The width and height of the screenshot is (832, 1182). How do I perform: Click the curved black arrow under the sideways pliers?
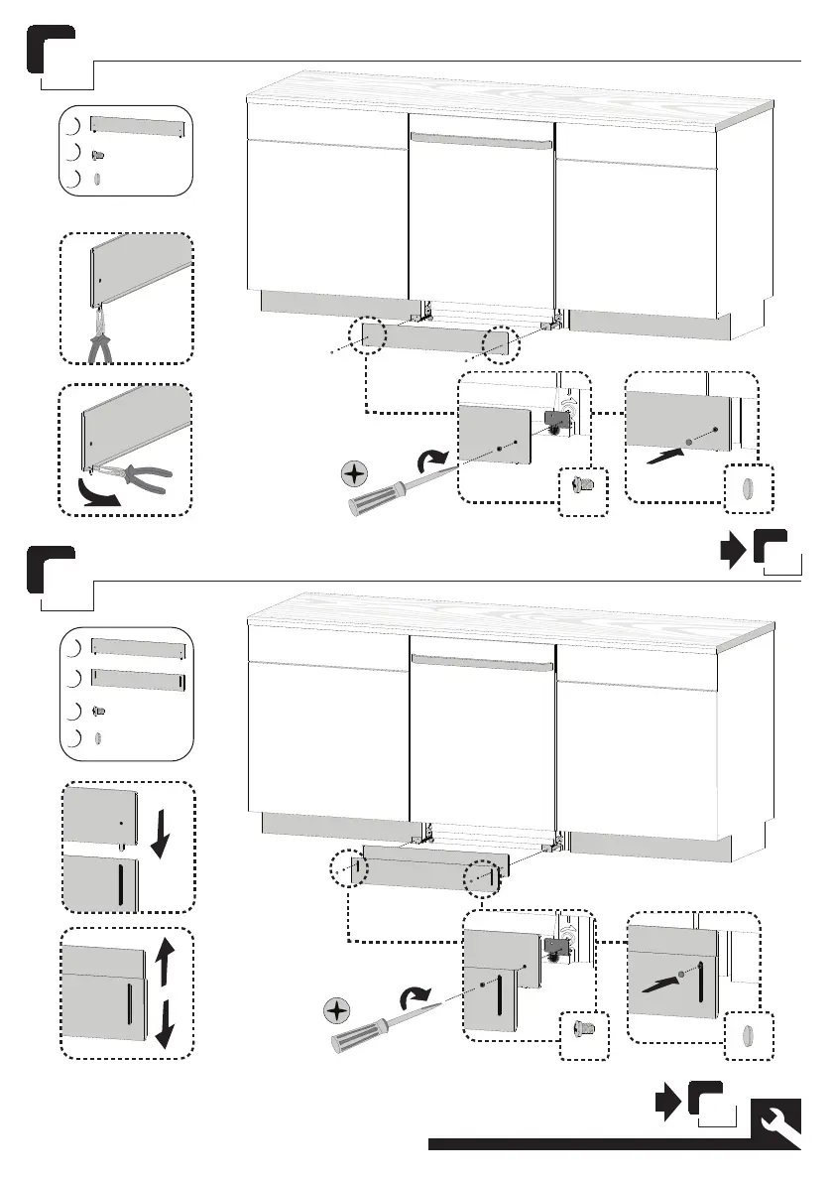[95, 494]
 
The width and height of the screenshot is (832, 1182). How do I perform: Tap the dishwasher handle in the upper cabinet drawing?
[481, 141]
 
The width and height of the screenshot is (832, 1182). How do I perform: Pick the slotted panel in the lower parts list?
[138, 680]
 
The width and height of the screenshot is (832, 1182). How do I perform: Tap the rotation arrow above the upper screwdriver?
[431, 461]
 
